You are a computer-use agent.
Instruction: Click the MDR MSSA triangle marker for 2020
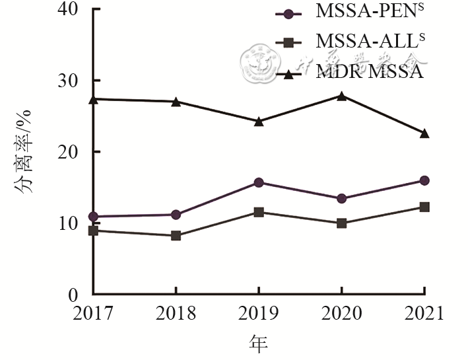point(341,96)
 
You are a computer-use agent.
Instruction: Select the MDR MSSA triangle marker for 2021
point(424,133)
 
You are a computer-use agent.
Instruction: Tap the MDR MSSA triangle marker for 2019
point(259,122)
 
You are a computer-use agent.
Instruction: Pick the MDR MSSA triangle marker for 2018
point(176,102)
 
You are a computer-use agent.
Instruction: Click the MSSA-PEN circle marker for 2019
point(259,182)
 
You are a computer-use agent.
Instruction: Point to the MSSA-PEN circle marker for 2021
point(424,180)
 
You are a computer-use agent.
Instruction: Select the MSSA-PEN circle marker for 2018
point(176,214)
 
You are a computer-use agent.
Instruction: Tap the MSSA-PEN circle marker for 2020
point(341,198)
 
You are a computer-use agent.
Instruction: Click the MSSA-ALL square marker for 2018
point(176,235)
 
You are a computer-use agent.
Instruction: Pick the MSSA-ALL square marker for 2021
point(424,207)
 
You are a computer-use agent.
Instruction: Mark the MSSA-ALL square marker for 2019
point(259,212)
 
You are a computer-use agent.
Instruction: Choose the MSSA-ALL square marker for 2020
point(341,223)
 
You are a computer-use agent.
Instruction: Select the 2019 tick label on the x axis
point(259,312)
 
